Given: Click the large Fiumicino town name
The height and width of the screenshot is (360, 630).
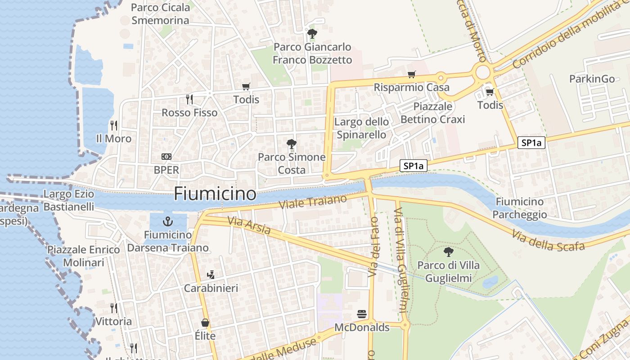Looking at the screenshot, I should pyautogui.click(x=215, y=194).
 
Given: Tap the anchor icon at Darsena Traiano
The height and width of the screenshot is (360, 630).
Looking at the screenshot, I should pyautogui.click(x=168, y=221).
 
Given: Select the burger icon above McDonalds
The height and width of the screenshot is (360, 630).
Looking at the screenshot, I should pyautogui.click(x=362, y=314).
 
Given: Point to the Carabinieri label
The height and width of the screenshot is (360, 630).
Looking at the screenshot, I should pyautogui.click(x=211, y=288).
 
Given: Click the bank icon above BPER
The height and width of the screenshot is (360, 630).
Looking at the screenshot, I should pyautogui.click(x=166, y=157).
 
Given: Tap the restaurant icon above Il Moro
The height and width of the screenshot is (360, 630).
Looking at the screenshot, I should pyautogui.click(x=114, y=125).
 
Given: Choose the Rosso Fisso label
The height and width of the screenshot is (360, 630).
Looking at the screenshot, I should pyautogui.click(x=189, y=112).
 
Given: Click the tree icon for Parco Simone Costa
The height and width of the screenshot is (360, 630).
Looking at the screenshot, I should pyautogui.click(x=292, y=144).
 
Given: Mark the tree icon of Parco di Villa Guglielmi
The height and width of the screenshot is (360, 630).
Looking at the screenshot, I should pyautogui.click(x=448, y=252).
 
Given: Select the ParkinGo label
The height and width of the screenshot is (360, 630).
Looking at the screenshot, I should pyautogui.click(x=592, y=79).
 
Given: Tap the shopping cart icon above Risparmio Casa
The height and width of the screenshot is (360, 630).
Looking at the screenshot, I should pyautogui.click(x=411, y=74).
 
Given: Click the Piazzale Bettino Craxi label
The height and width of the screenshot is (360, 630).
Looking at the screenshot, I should pyautogui.click(x=432, y=113).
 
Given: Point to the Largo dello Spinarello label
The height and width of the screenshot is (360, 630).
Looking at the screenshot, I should pyautogui.click(x=361, y=128).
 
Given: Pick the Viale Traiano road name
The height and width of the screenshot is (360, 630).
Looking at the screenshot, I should pyautogui.click(x=313, y=202).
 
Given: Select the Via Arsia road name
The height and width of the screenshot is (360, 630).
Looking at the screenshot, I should pyautogui.click(x=249, y=226).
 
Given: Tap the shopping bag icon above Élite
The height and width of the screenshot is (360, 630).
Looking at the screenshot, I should pyautogui.click(x=205, y=323).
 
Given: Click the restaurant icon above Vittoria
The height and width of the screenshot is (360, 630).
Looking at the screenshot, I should pyautogui.click(x=114, y=308).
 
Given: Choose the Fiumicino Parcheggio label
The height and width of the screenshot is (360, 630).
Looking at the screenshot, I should pyautogui.click(x=520, y=208).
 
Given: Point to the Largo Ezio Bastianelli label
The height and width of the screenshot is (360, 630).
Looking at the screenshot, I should pyautogui.click(x=69, y=201).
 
